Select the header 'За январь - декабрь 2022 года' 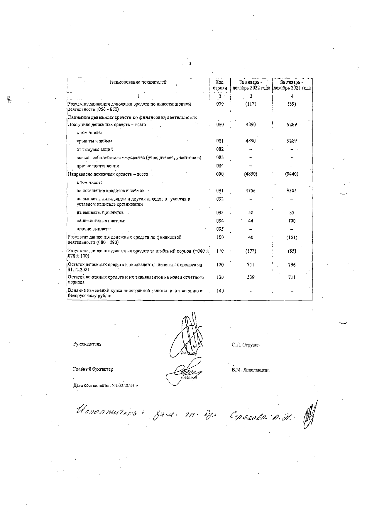click(251, 85)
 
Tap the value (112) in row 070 click(251, 104)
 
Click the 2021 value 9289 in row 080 click(292, 124)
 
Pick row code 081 click(220, 141)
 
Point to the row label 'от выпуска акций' click(94, 149)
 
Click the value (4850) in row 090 click(251, 174)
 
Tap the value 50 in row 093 click(251, 213)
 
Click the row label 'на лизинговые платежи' click(101, 221)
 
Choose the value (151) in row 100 click(292, 237)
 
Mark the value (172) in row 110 click(251, 251)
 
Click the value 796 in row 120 click(292, 265)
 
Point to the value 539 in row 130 click(251, 277)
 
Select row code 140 click(220, 291)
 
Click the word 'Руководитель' click(87, 344)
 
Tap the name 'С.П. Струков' click(246, 345)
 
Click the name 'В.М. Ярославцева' click(251, 370)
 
